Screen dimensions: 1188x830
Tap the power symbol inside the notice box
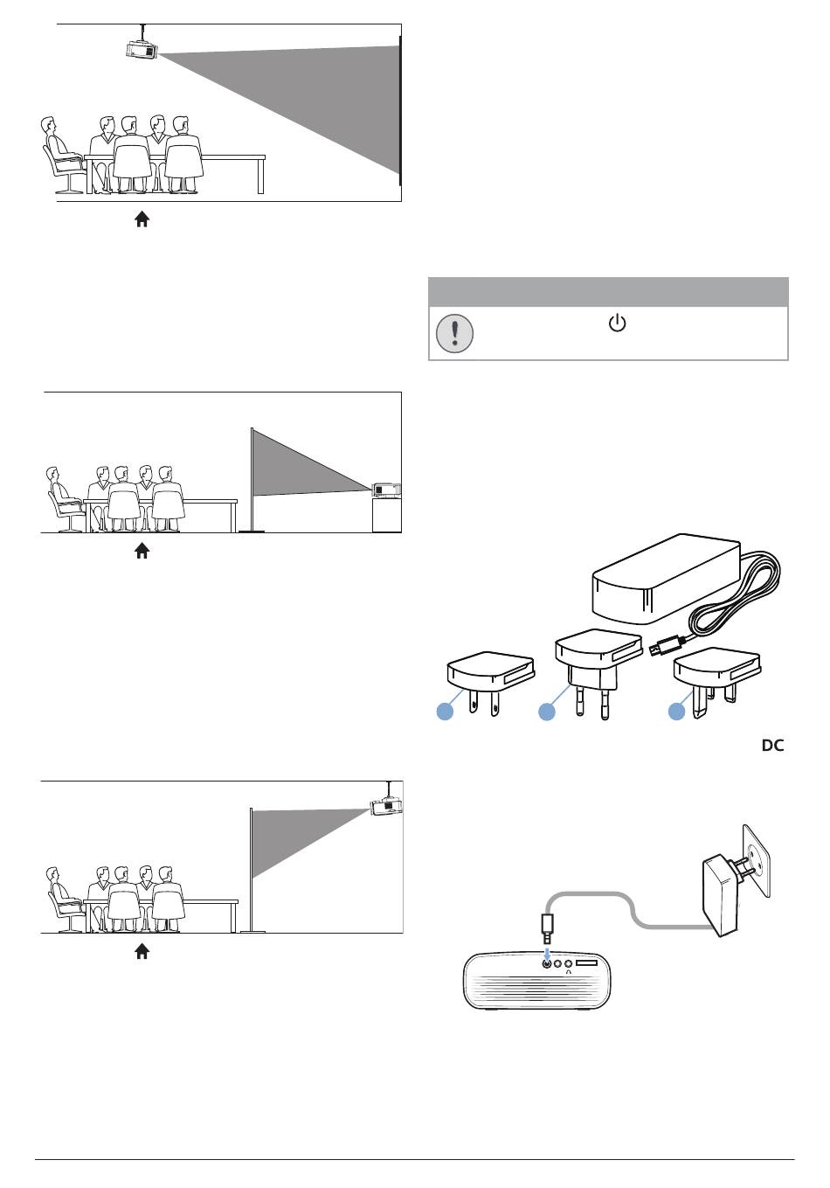(x=617, y=324)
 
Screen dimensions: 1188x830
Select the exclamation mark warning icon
(x=454, y=333)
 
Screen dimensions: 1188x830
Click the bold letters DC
(x=772, y=746)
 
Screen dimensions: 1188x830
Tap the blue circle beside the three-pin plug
(x=676, y=712)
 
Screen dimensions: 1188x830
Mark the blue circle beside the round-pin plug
(x=547, y=712)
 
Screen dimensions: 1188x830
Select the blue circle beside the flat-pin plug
(x=445, y=712)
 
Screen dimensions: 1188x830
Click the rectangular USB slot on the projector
(x=587, y=962)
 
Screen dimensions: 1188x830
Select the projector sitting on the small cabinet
(x=386, y=490)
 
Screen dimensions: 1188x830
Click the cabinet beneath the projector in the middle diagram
(x=386, y=515)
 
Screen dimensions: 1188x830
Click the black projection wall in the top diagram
(x=400, y=109)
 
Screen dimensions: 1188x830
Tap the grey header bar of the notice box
(x=608, y=291)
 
